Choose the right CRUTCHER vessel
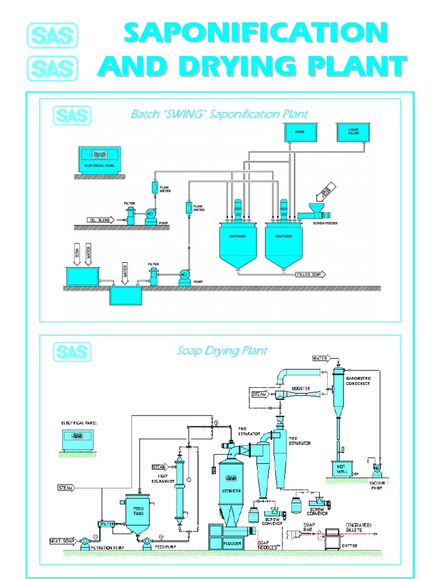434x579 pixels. coord(283,243)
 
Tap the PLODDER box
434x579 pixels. coord(232,543)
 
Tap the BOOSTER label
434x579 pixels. coord(300,389)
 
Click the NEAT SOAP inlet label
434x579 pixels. coord(66,541)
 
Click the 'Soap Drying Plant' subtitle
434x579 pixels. coord(222,351)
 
